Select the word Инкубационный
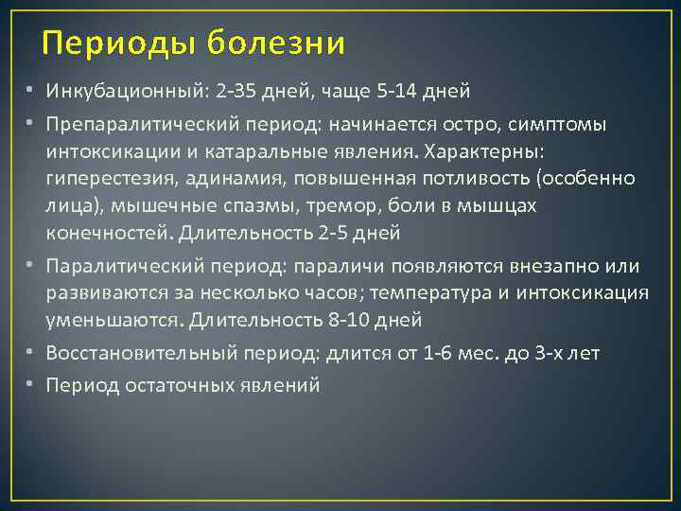pos(113,92)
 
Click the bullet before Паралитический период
pos(31,267)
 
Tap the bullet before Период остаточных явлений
pos(31,386)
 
